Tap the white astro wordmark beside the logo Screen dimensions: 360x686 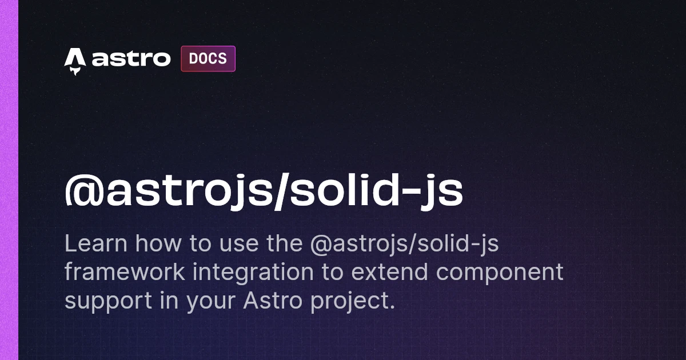point(131,59)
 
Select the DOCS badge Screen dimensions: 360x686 point(208,59)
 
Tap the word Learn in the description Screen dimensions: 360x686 point(95,244)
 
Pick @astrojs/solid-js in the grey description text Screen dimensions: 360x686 point(404,245)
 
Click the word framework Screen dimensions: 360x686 point(125,273)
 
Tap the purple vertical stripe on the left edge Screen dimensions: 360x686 point(9,180)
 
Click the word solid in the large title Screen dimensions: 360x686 point(333,193)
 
